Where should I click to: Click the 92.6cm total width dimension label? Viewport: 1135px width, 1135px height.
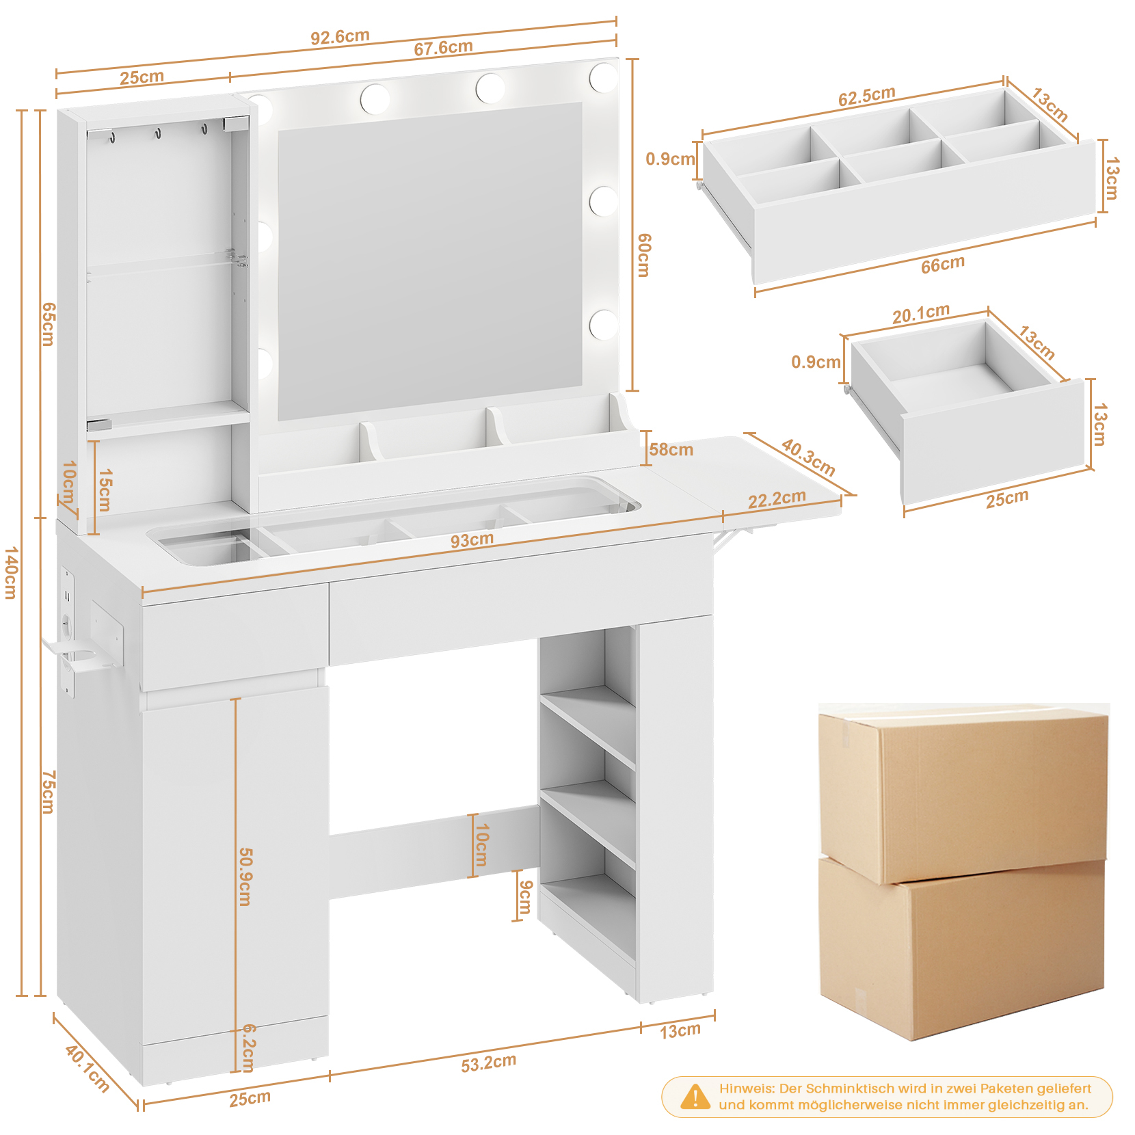point(340,36)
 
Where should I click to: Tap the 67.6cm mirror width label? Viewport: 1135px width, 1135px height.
point(443,47)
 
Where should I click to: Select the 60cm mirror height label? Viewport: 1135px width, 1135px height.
point(644,254)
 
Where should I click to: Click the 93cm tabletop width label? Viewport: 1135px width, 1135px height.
point(472,540)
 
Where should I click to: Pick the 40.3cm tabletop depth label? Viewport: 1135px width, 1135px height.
point(808,457)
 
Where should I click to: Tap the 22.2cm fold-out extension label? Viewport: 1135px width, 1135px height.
point(777,499)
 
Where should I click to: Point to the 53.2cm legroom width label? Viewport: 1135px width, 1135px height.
point(488,1063)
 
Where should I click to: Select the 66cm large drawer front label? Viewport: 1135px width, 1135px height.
point(942,265)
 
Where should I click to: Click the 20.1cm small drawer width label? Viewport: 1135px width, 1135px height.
point(920,313)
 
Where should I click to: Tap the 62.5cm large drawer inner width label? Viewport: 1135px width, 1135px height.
point(866,96)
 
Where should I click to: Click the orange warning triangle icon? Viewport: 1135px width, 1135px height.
point(695,1097)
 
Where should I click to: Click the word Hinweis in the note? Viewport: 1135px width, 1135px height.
point(746,1088)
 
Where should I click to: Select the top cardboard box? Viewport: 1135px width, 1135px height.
point(963,793)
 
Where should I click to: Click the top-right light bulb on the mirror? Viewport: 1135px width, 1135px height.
point(603,77)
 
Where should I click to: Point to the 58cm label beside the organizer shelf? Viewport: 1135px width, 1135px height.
point(671,450)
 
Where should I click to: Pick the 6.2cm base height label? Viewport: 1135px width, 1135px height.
point(249,1048)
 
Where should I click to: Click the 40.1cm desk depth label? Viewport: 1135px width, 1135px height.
point(88,1069)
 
